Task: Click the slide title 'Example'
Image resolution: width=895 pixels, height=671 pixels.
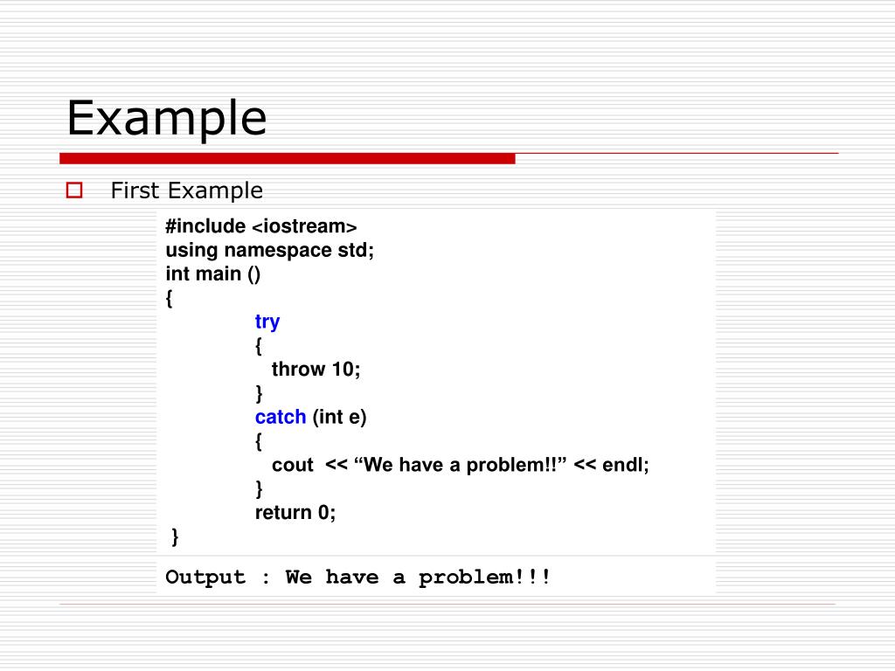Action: click(x=166, y=118)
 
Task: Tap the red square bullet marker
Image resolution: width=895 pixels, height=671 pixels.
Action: click(x=73, y=190)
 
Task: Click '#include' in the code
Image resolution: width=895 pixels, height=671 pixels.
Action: click(x=205, y=227)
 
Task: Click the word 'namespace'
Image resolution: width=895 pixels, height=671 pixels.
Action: click(x=278, y=251)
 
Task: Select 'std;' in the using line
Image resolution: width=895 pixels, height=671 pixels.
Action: click(x=356, y=251)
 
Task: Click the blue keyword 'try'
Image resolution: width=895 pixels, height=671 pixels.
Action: click(x=267, y=322)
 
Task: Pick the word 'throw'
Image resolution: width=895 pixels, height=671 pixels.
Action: click(x=298, y=370)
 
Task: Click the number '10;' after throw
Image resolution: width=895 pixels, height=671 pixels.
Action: click(x=346, y=370)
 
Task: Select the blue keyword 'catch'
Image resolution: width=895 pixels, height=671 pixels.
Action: click(x=281, y=417)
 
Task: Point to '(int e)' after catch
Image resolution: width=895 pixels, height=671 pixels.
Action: click(x=340, y=417)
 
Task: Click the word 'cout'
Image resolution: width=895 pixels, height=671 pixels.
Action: click(x=292, y=465)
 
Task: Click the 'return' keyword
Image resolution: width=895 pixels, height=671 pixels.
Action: click(x=282, y=513)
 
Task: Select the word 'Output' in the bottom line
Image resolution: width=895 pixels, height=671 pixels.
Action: click(x=205, y=578)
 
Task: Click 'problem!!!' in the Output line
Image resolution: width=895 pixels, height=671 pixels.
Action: click(x=485, y=578)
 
